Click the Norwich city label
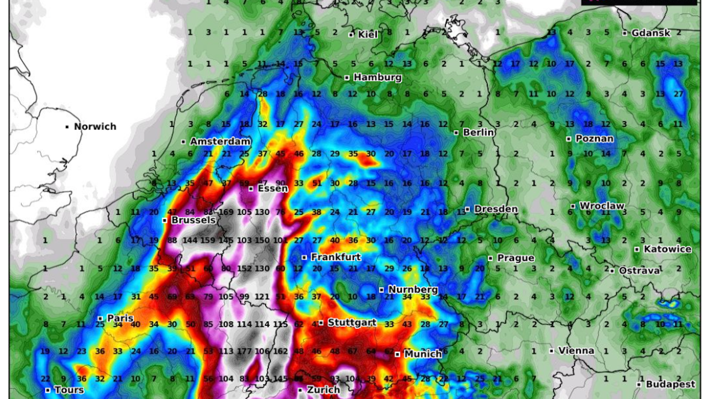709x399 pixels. point(95,126)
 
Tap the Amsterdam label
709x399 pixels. point(220,142)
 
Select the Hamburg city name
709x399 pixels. point(378,77)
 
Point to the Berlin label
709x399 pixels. point(479,132)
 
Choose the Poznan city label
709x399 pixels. point(594,139)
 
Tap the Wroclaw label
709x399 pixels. point(602,206)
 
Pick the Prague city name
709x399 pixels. point(516,258)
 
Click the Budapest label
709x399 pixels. point(670,384)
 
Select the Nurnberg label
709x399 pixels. point(413,290)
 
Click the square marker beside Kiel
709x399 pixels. point(351,35)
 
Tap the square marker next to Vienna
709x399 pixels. point(551,351)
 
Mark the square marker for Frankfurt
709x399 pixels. point(304,257)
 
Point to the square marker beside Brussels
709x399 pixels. point(164,220)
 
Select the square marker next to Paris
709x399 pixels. point(100,319)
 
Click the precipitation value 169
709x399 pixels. point(226,212)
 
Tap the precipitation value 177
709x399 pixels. point(244,351)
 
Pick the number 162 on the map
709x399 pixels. point(280,351)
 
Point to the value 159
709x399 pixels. point(208,240)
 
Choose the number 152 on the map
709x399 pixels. point(244,268)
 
